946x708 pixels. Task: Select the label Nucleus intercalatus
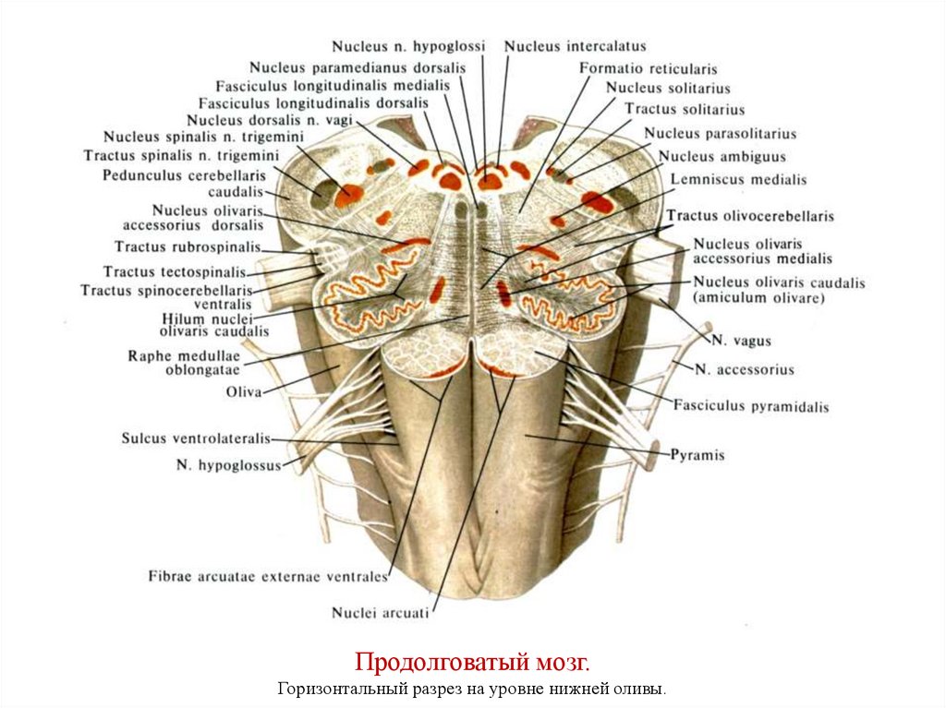point(575,45)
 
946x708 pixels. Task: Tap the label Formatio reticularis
point(648,68)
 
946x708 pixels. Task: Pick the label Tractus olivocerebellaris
point(750,216)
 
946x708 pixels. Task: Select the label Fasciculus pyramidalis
point(750,405)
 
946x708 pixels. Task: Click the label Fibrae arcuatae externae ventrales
point(267,577)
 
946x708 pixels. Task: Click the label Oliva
point(244,391)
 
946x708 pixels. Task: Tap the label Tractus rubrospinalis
point(187,246)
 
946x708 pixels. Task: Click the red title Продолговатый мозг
point(472,663)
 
